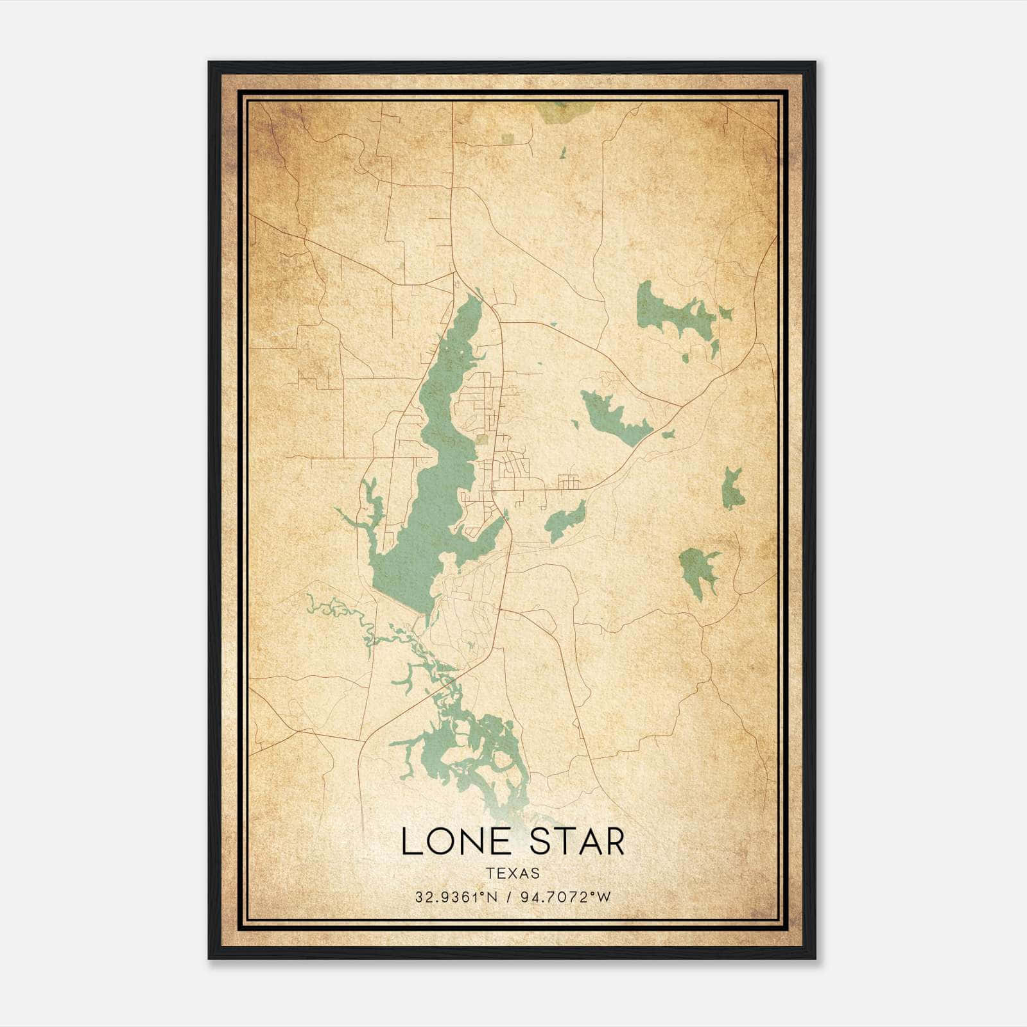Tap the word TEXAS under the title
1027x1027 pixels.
(x=513, y=873)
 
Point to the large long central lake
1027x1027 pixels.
(x=424, y=513)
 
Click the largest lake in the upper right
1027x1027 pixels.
(x=668, y=311)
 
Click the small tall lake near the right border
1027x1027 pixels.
(x=732, y=489)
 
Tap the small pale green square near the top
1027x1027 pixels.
(x=508, y=139)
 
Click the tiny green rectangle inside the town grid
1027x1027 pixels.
(x=482, y=439)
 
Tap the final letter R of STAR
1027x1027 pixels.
(x=614, y=841)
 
